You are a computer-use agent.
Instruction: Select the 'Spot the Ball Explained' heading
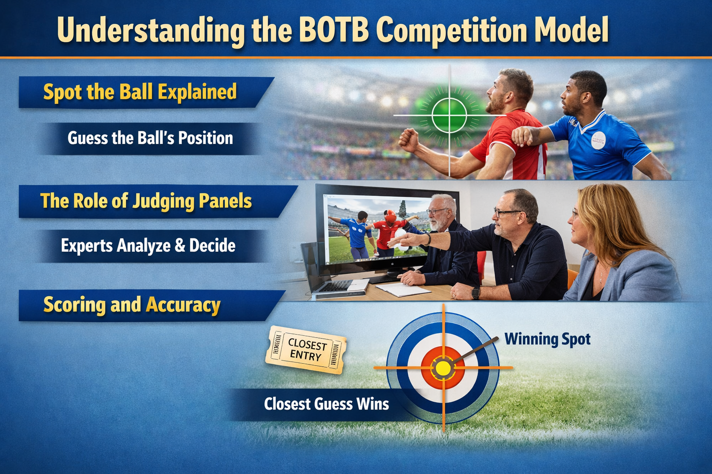point(140,92)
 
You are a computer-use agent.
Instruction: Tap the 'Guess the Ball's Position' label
point(150,138)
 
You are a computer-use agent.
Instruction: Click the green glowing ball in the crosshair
point(449,115)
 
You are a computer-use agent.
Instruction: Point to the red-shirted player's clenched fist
point(408,139)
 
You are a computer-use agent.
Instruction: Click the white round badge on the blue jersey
point(598,139)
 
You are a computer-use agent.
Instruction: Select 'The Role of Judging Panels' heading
point(146,201)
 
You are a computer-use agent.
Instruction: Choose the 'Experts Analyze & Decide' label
point(148,245)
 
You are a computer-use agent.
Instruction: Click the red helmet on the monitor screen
point(390,216)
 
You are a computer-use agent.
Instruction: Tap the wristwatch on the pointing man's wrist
point(475,292)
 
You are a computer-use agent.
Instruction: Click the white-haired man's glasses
point(436,212)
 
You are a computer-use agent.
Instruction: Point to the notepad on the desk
point(402,290)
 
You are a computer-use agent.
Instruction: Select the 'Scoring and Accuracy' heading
point(132,305)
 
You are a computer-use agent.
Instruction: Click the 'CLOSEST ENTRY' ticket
point(305,350)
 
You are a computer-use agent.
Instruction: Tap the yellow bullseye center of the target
point(443,368)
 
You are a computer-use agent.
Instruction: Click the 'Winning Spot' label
point(547,339)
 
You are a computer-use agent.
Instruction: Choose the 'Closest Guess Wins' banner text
point(326,404)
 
